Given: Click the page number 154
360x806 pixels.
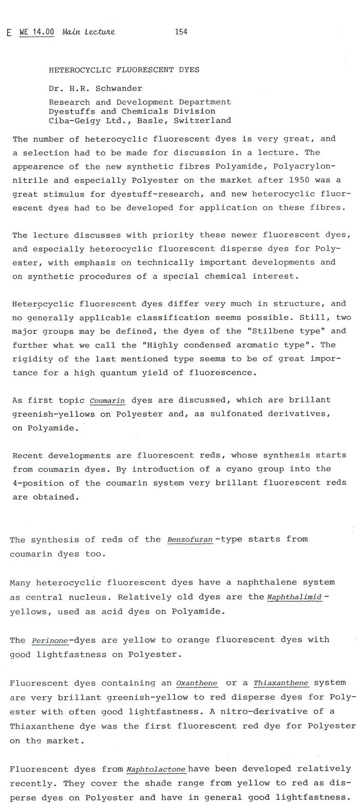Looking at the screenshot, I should (x=181, y=32).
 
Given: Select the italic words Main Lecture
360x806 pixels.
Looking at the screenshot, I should (x=88, y=32).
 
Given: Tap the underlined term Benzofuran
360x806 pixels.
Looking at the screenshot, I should (x=190, y=540).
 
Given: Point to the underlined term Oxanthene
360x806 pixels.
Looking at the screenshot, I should (x=196, y=683).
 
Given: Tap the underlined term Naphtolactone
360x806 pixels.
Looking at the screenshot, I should (x=155, y=769).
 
